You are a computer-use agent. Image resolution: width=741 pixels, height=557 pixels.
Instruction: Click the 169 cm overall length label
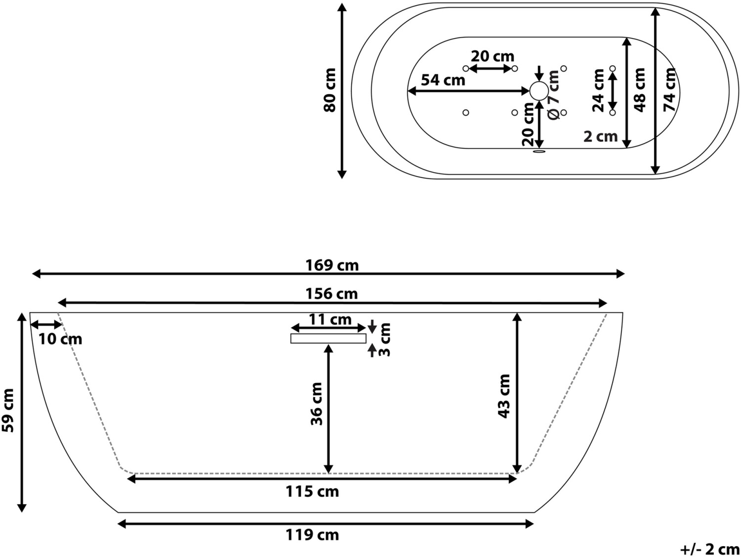click(332, 266)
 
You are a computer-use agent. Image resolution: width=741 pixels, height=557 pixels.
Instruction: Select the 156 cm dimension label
click(331, 294)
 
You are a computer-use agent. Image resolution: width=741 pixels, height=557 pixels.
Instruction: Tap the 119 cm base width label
click(312, 535)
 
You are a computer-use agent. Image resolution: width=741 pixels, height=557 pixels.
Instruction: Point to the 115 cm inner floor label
click(312, 491)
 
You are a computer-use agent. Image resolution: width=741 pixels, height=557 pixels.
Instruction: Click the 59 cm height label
click(8, 410)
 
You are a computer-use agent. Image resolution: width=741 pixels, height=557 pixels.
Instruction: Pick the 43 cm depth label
click(504, 396)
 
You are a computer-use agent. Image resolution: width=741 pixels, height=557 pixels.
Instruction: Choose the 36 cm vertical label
click(317, 404)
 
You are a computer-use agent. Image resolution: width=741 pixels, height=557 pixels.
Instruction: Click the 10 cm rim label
click(60, 339)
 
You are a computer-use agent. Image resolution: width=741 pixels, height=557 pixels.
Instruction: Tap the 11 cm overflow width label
click(330, 320)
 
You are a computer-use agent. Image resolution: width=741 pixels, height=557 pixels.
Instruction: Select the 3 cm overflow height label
click(384, 340)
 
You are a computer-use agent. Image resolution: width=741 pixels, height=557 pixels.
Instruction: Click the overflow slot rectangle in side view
click(328, 339)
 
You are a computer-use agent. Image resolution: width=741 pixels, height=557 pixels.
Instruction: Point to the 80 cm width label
click(330, 90)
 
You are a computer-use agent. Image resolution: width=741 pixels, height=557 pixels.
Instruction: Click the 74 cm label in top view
click(670, 89)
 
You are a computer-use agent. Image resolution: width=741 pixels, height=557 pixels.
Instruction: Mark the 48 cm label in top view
click(639, 90)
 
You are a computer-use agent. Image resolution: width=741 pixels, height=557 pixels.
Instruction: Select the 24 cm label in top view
click(598, 90)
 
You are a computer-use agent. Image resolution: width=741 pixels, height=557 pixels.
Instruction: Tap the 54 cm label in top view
click(443, 81)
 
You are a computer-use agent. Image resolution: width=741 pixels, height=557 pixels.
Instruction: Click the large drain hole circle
click(539, 91)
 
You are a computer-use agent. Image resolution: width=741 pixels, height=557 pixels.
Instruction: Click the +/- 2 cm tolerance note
click(709, 550)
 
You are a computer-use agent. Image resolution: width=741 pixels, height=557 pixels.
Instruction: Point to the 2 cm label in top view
click(601, 137)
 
